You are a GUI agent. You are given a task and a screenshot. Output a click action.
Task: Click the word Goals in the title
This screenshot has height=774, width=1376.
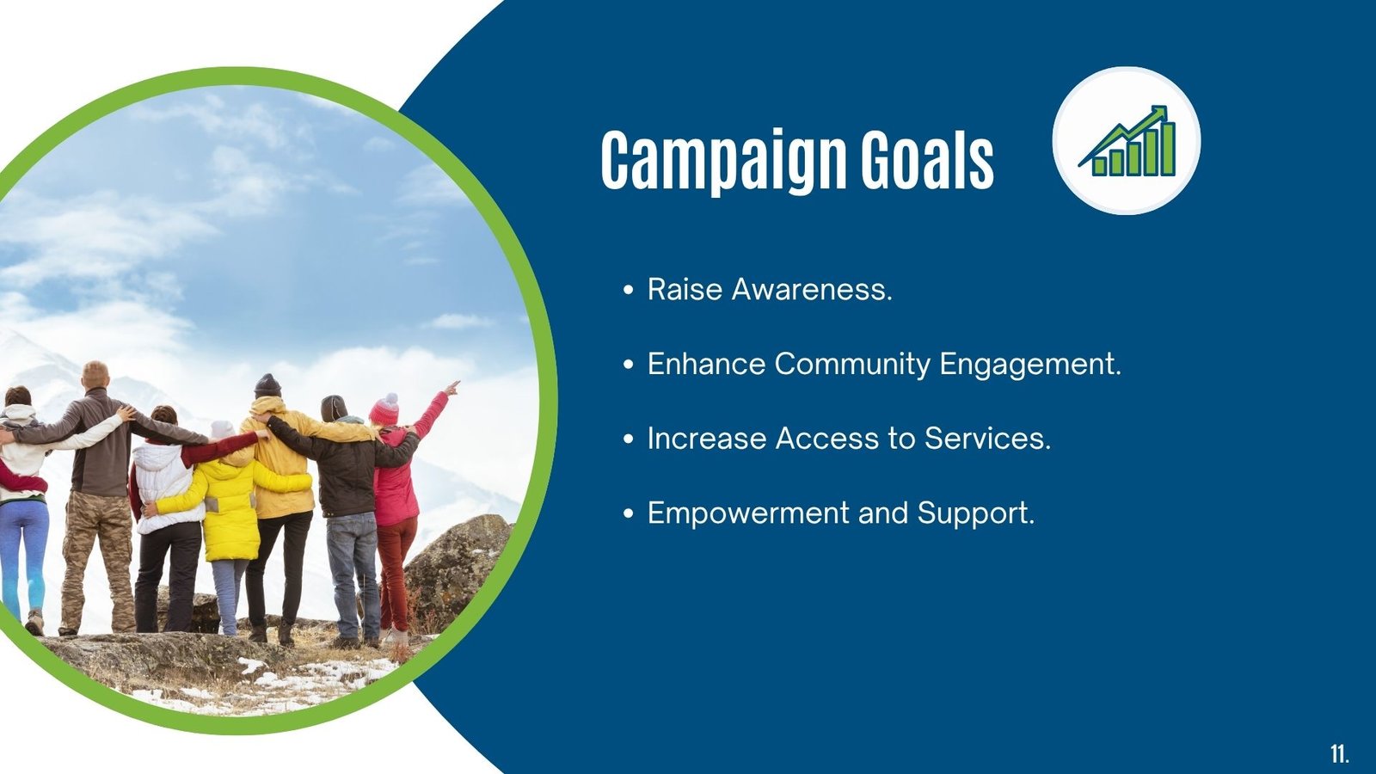927,158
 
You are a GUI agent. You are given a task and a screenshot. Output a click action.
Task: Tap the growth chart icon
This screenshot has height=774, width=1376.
1127,141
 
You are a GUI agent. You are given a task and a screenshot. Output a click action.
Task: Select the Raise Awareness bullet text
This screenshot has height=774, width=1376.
769,289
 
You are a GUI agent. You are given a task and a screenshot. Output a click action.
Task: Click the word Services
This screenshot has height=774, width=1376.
988,439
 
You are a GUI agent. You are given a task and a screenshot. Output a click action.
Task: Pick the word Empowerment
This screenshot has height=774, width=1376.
748,513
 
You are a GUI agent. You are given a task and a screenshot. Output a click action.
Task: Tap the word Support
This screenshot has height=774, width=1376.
976,513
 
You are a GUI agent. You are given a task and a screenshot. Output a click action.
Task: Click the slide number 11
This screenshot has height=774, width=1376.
1339,753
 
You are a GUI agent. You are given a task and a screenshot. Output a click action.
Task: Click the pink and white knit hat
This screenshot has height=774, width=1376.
384,409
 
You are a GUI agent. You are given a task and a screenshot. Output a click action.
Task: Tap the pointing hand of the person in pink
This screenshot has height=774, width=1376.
451,388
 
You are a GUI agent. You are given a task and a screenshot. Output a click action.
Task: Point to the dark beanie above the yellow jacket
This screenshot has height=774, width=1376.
267,386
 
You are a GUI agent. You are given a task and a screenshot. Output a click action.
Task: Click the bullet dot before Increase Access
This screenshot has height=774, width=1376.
628,439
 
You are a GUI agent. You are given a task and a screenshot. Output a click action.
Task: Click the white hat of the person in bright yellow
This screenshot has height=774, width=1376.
221,429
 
